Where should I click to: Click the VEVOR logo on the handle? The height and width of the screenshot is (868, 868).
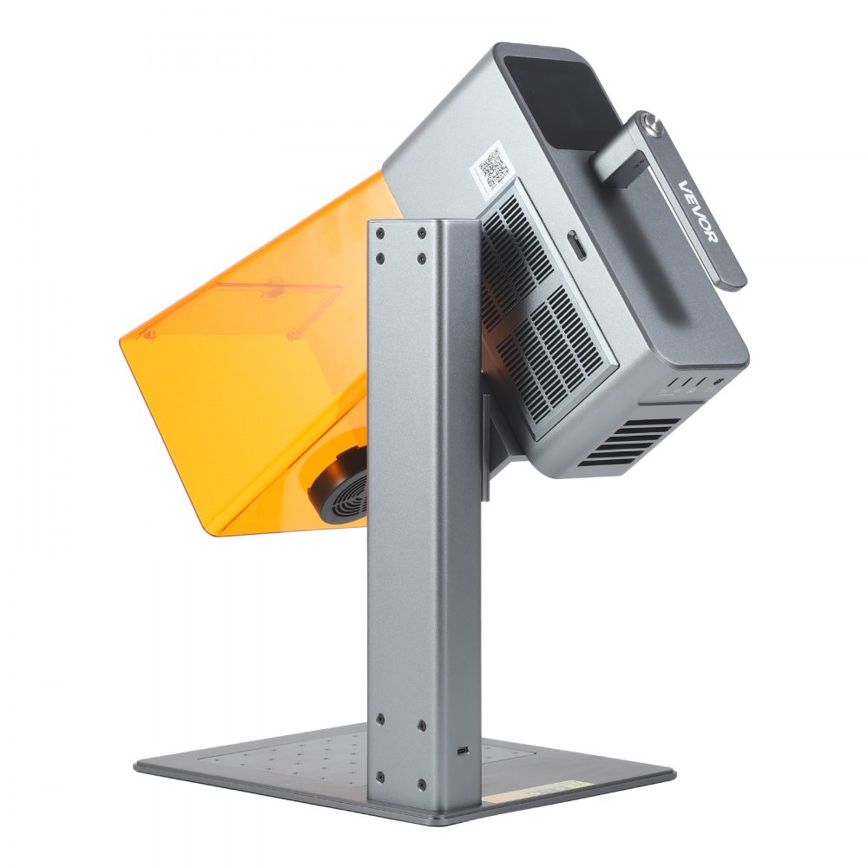click(699, 211)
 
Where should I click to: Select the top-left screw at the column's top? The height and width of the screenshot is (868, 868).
click(379, 233)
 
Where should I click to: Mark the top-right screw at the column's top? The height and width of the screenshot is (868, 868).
click(421, 233)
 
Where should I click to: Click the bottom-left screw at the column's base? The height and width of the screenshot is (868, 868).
click(379, 779)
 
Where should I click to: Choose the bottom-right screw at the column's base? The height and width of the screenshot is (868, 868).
click(422, 785)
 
